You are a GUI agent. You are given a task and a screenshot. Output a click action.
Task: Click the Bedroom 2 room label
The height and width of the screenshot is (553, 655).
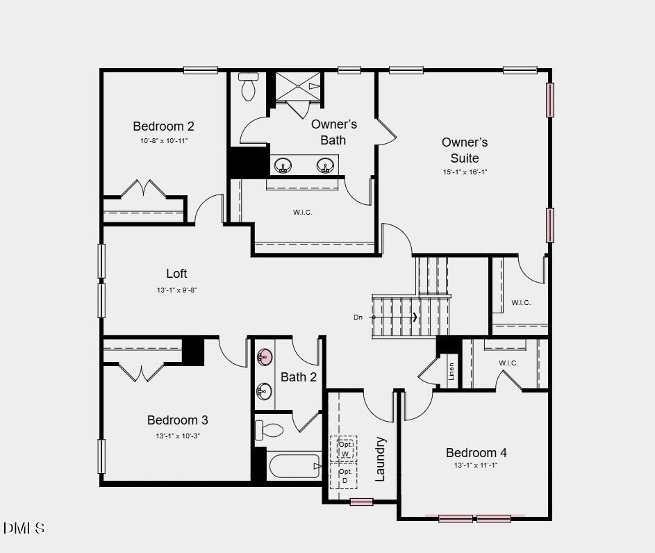coord(163,126)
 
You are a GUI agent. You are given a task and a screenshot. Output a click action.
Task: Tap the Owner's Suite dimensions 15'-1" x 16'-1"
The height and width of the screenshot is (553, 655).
coord(465,172)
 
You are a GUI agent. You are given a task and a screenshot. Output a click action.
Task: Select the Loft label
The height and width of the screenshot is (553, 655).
coord(176,274)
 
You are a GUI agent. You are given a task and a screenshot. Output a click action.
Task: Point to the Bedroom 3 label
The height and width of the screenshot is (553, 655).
coord(177,420)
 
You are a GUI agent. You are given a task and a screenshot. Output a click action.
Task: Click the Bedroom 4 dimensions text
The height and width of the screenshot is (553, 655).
coord(476,465)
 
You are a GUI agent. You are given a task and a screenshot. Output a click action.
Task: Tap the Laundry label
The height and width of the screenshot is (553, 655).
coord(381,459)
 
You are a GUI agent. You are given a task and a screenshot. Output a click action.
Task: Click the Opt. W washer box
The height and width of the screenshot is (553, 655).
coord(345,449)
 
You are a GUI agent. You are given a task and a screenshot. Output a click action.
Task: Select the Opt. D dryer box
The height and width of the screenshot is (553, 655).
coord(344,476)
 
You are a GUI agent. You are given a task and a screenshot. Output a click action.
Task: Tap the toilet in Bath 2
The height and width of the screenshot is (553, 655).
coord(270,430)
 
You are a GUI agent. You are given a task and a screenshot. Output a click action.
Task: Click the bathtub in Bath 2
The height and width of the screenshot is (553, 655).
coord(295,466)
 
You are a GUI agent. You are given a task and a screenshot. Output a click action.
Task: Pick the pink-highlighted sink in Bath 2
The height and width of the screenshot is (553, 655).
coord(265,358)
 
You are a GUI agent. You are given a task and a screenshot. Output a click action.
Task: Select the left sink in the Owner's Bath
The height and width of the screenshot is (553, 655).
coord(283,165)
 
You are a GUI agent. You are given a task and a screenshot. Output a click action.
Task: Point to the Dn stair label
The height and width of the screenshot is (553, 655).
coord(358,317)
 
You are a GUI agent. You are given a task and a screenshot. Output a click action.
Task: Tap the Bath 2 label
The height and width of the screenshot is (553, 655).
coord(299,377)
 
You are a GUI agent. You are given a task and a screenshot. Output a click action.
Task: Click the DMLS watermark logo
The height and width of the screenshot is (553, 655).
coord(24,528)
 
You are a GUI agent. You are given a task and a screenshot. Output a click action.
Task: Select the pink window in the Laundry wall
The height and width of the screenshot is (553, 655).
coord(361,502)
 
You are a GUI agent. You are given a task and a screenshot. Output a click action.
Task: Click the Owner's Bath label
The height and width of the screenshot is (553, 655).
coord(333,132)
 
